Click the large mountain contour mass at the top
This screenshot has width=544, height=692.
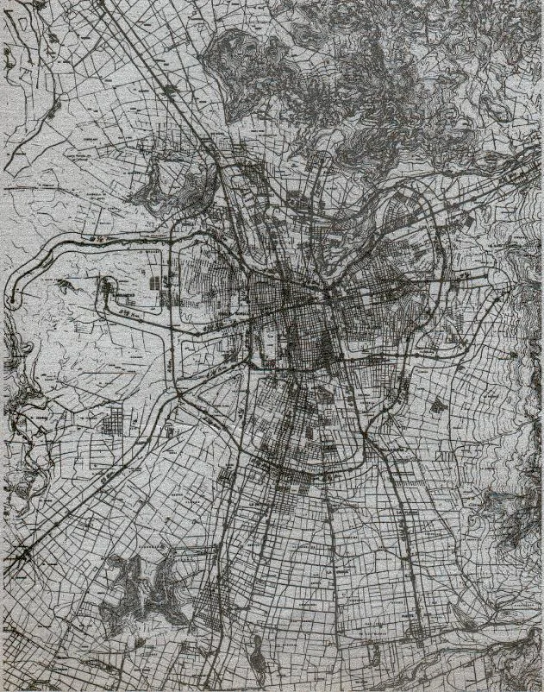[345, 95]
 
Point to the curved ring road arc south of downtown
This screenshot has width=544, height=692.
[293, 466]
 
